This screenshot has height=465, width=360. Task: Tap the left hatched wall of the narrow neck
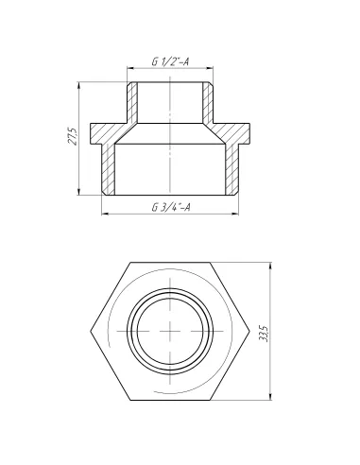tap(133, 102)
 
